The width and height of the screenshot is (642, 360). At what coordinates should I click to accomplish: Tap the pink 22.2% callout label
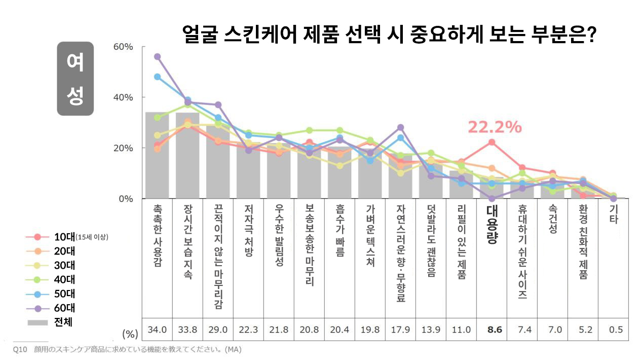coord(494,127)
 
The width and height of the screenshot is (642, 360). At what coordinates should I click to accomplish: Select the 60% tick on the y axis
coord(122,47)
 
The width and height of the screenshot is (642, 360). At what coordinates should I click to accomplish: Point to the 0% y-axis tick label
coord(125,199)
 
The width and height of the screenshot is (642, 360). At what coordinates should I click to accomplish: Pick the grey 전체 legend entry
coord(63,321)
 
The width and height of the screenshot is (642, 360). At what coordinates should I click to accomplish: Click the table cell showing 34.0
coord(157,330)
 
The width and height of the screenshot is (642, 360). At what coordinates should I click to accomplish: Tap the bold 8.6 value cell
coord(494,330)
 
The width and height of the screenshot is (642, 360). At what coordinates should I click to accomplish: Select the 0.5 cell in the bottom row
coord(616,330)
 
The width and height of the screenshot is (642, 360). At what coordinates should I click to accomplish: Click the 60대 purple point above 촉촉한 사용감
coord(157,56)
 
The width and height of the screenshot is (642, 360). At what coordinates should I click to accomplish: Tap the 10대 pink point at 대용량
coord(492,142)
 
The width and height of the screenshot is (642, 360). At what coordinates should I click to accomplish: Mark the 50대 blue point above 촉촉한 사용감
coord(157,77)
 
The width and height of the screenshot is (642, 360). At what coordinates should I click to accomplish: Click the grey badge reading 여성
coord(75,79)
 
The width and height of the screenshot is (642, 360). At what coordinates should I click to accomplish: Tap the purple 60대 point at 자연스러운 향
coord(400,128)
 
